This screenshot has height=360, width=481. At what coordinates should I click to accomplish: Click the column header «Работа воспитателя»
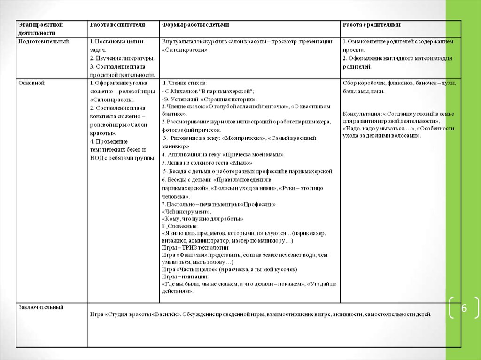pyautogui.click(x=117, y=24)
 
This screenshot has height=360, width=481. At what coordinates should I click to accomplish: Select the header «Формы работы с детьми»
pyautogui.click(x=195, y=24)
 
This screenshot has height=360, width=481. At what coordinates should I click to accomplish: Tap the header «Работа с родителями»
pyautogui.click(x=372, y=24)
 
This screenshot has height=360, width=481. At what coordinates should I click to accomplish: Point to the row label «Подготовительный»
pyautogui.click(x=43, y=41)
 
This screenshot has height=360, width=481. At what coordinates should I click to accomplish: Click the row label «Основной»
pyautogui.click(x=31, y=83)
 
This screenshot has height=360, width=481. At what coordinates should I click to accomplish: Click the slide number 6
pyautogui.click(x=464, y=308)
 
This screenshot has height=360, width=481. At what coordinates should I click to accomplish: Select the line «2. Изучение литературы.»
pyautogui.click(x=122, y=58)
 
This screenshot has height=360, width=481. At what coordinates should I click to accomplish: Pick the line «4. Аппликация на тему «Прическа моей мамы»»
pyautogui.click(x=223, y=154)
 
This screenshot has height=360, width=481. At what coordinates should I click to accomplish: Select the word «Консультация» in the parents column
pyautogui.click(x=361, y=114)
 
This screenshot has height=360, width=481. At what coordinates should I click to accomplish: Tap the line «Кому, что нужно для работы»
pyautogui.click(x=202, y=219)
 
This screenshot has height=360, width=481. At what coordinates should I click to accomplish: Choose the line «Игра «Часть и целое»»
pyautogui.click(x=190, y=270)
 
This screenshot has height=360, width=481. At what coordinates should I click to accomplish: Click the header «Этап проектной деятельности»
pyautogui.click(x=40, y=29)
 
